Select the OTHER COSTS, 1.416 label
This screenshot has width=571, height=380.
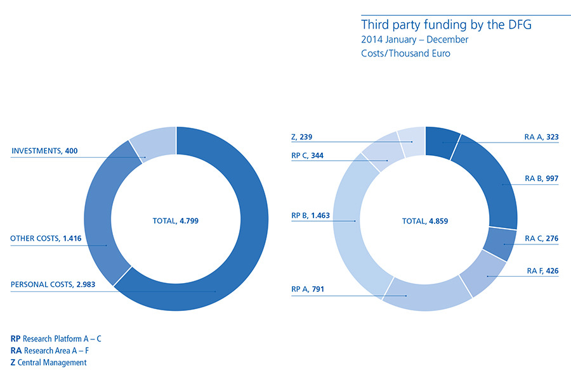point(46,239)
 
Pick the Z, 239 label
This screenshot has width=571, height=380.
point(302,137)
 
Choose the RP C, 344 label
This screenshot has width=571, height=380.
point(308,155)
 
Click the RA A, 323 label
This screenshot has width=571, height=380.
point(542,137)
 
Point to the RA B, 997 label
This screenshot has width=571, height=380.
point(542,179)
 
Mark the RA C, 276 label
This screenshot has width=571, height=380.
point(542,239)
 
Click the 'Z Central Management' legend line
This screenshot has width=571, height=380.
point(49,362)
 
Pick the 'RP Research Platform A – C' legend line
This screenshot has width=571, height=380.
point(56,339)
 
